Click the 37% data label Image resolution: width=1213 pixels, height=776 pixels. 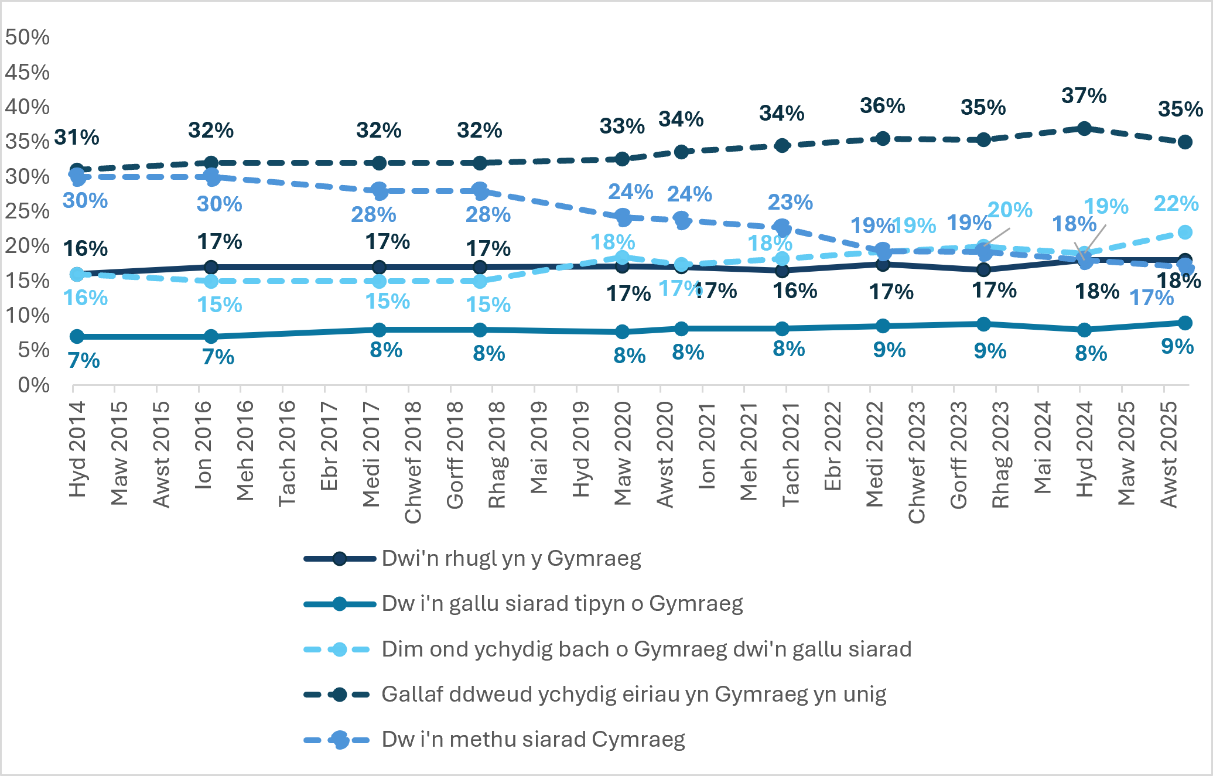(x=1084, y=95)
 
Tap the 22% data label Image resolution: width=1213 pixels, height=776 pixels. (x=1176, y=203)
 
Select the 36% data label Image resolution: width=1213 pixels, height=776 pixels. (x=882, y=106)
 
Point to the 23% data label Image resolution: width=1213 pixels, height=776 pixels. (x=790, y=203)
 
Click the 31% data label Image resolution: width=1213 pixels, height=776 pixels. (x=77, y=138)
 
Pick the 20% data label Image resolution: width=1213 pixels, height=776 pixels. (x=1010, y=210)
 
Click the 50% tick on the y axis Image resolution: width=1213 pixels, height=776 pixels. (x=28, y=37)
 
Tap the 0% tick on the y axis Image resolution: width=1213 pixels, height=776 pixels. (x=34, y=385)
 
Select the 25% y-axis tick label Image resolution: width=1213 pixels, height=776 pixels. (x=28, y=211)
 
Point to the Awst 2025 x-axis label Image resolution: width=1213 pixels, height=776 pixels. (x=1169, y=454)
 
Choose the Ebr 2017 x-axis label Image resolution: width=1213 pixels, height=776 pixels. (x=329, y=446)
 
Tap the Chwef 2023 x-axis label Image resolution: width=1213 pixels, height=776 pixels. (x=917, y=462)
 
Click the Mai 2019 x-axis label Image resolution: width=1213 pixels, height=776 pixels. (x=539, y=447)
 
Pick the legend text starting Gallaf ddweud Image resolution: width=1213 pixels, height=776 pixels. (x=634, y=695)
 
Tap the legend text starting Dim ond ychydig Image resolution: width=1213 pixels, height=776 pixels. (x=647, y=649)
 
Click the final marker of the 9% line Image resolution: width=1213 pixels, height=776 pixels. (x=1185, y=323)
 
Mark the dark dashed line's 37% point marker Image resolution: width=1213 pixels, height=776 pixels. (x=1084, y=128)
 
